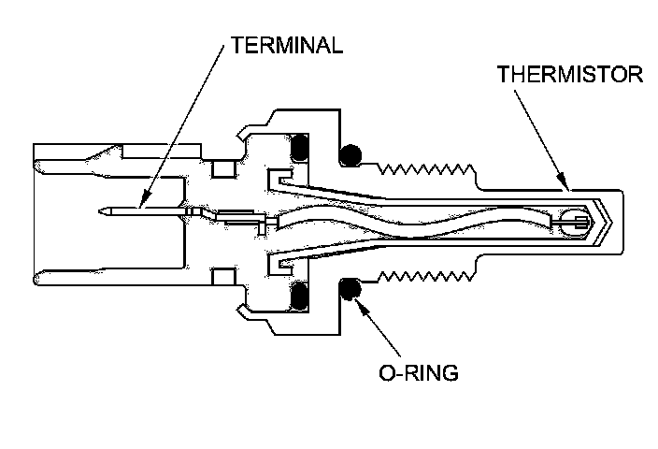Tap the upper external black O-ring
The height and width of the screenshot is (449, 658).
(351, 154)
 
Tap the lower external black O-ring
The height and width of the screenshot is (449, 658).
(351, 291)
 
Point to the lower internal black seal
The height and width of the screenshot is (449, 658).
(300, 297)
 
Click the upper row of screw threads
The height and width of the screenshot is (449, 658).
(425, 169)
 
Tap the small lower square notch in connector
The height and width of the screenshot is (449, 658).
(222, 277)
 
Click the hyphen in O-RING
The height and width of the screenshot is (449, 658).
(397, 373)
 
